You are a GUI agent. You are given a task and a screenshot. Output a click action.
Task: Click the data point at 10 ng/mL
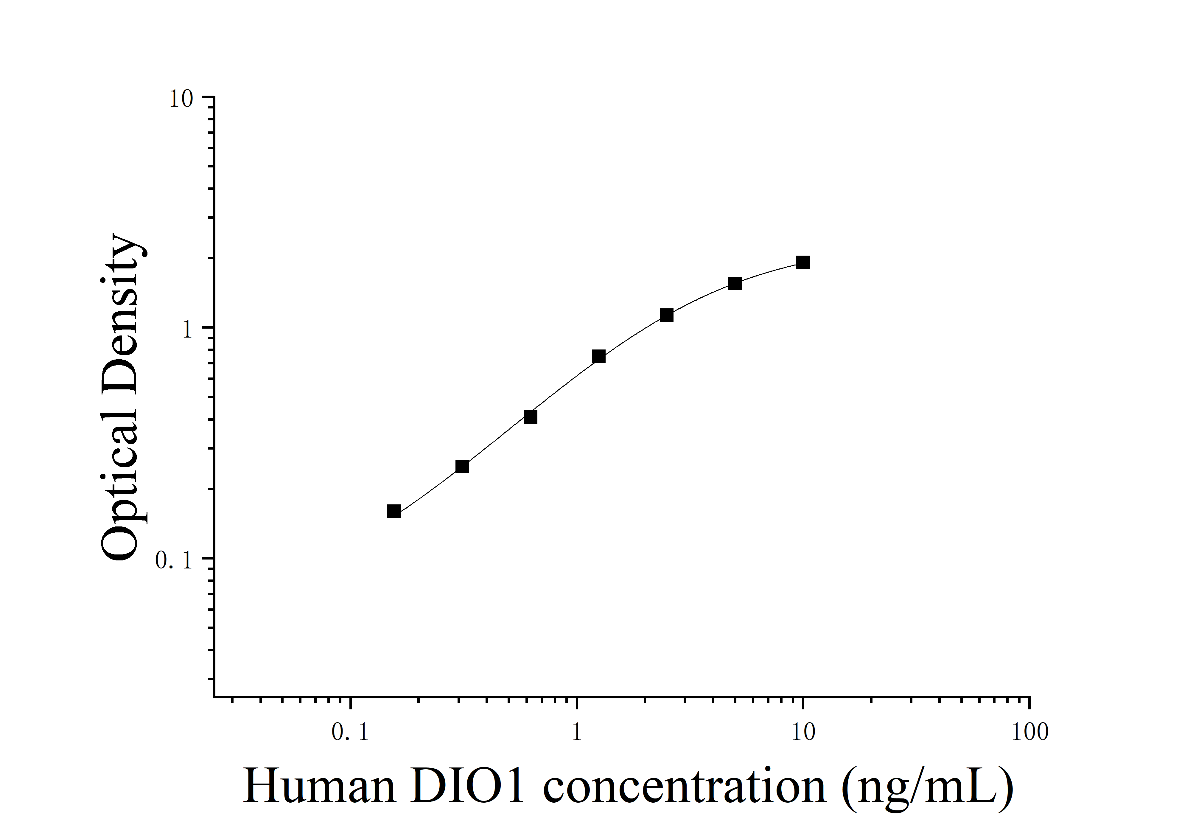pos(803,262)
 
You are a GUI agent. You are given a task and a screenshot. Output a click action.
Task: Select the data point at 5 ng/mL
pos(735,283)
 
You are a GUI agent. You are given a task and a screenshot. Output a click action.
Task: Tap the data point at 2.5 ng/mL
pos(667,315)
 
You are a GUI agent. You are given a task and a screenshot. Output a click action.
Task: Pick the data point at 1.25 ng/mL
pos(598,356)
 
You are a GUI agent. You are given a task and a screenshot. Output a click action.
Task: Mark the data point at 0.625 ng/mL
pos(530,417)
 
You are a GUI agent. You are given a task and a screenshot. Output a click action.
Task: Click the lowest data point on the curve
pos(394,511)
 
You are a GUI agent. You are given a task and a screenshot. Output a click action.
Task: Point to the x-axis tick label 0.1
pos(350,733)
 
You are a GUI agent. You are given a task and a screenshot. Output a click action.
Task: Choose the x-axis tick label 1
pos(577,733)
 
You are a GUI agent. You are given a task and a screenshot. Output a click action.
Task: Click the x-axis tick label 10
pos(803,733)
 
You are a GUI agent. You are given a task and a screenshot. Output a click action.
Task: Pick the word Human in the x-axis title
pos(319,787)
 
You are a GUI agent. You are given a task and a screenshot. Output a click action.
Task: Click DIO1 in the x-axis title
pos(467,787)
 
